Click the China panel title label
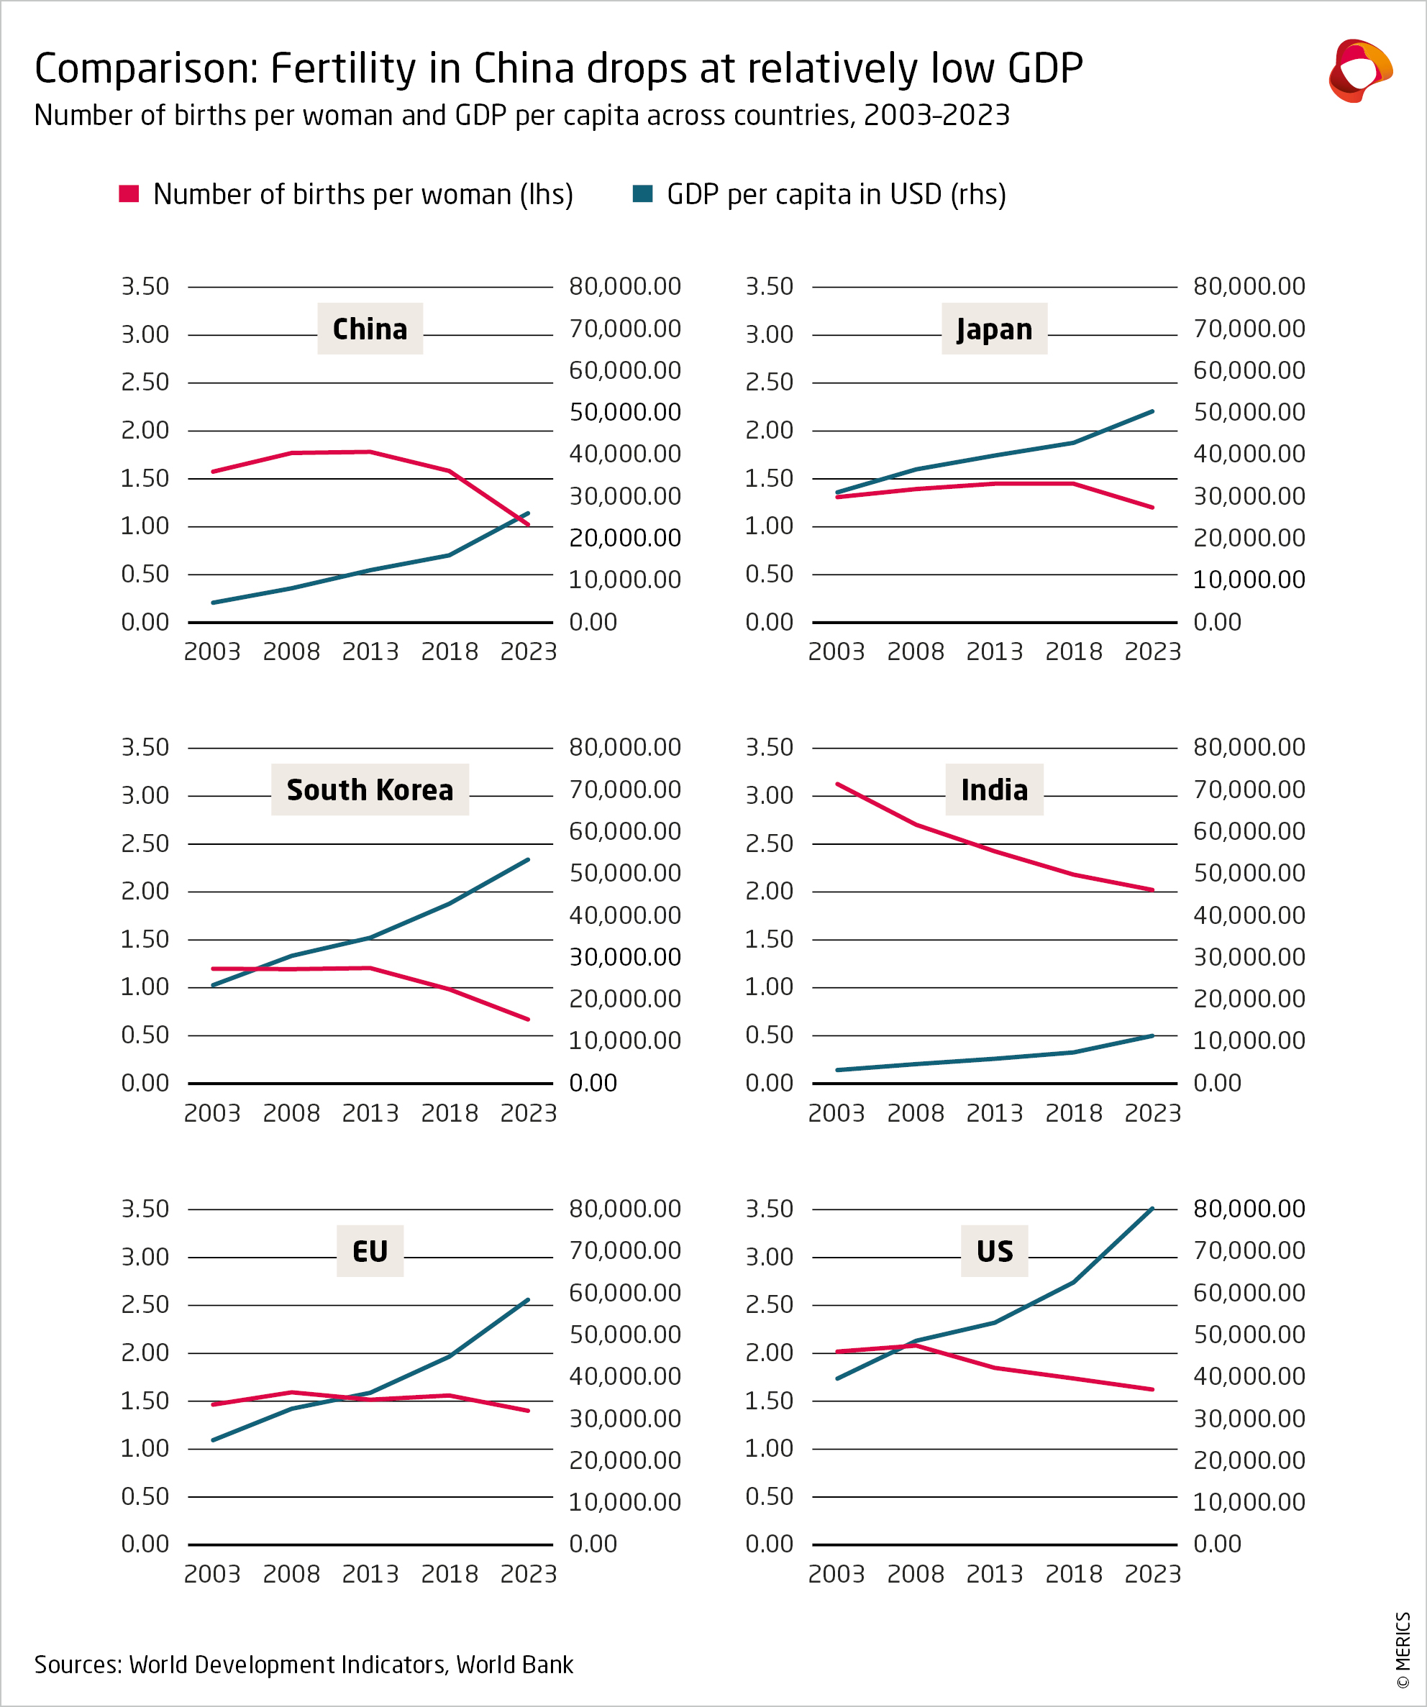[x=370, y=329]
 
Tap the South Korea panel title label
[x=370, y=790]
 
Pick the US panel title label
[x=995, y=1251]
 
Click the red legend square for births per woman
[x=129, y=193]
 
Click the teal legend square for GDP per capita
[x=642, y=193]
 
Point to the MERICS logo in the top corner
[x=1359, y=70]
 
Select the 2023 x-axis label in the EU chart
[x=529, y=1574]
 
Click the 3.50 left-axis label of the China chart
[x=145, y=286]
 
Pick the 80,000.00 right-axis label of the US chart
[x=1249, y=1209]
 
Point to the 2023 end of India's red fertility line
[x=1152, y=890]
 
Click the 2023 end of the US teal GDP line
[x=1152, y=1209]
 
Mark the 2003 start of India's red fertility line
[x=837, y=784]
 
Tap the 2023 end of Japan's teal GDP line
[x=1152, y=411]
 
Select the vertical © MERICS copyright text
[x=1403, y=1650]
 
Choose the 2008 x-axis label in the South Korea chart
[x=291, y=1113]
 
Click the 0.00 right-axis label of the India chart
[x=1217, y=1083]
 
